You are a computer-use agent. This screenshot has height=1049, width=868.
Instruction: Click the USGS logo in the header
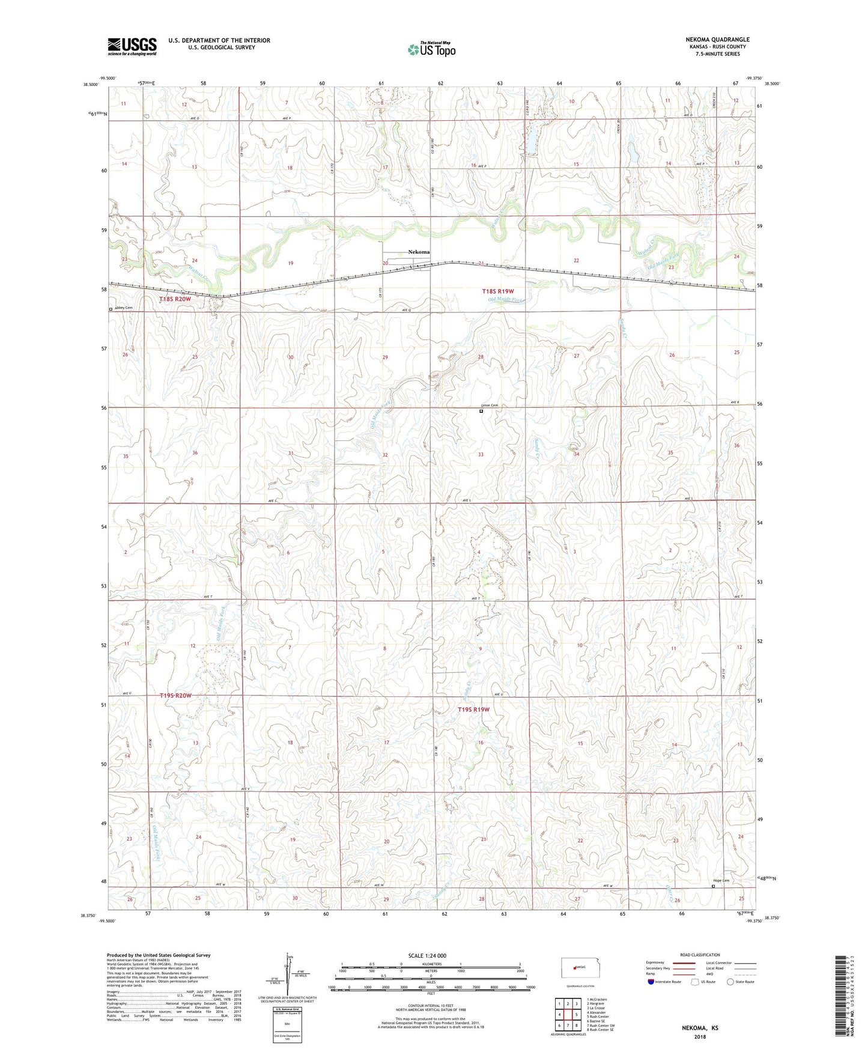(132, 46)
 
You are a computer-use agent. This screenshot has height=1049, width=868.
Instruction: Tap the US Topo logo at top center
(431, 49)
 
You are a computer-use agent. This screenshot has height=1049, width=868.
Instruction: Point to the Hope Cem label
(721, 881)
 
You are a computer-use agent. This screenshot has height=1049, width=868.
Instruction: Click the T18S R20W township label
(175, 299)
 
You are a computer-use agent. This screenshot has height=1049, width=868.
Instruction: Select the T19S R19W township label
(474, 710)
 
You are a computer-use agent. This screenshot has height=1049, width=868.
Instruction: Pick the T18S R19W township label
(498, 291)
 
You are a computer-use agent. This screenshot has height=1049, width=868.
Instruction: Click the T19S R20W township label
(175, 696)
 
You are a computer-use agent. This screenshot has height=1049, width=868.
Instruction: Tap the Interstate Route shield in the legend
(651, 982)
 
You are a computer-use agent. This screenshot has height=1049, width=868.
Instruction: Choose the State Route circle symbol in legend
(730, 982)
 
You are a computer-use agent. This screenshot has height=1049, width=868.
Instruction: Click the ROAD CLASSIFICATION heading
(700, 955)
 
